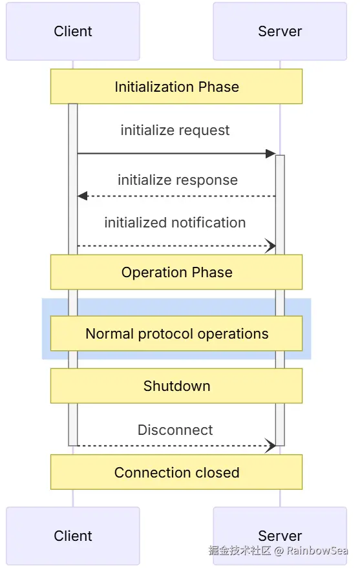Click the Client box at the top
pos(73,31)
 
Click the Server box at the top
pos(280,31)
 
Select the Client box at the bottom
pos(73,536)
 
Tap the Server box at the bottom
pos(280,536)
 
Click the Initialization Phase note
pos(176,87)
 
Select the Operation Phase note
pos(176,272)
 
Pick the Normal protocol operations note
pos(176,333)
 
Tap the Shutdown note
pos(176,386)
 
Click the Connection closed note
pos(176,472)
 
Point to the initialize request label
pos(175,131)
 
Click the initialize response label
pos(178,180)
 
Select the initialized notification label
pos(175,222)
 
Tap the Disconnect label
pos(175,430)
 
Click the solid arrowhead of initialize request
pos(271,154)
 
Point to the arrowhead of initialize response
pos(83,196)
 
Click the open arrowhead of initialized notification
pos(271,246)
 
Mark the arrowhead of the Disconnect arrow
pos(271,446)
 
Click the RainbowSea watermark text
pos(317,551)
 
